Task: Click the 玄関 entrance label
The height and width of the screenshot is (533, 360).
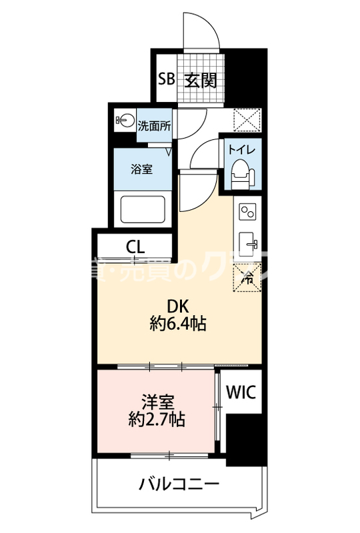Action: (200, 80)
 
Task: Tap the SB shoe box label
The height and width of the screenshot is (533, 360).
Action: (166, 80)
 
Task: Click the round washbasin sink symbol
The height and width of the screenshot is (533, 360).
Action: (124, 121)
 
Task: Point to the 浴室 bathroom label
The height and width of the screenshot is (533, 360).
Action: (141, 169)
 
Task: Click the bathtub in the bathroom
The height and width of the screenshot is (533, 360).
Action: (143, 211)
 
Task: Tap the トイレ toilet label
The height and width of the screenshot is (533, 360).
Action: (241, 149)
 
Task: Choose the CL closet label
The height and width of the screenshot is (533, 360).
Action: (135, 247)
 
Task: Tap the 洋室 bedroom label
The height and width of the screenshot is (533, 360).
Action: (157, 402)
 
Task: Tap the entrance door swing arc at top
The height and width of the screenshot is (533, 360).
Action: (203, 27)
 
